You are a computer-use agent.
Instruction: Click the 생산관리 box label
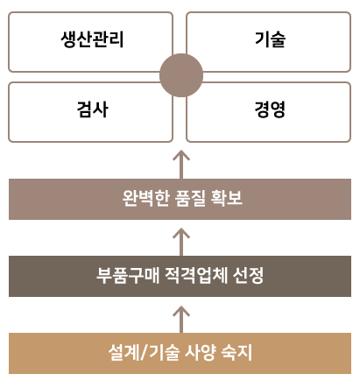coord(92,39)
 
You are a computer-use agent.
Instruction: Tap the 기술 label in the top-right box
coord(270,39)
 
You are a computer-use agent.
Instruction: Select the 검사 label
coord(93,109)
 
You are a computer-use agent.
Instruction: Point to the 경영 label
coord(270,109)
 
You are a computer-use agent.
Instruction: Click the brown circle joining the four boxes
coord(181,75)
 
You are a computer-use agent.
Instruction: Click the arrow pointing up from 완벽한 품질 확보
coord(181,165)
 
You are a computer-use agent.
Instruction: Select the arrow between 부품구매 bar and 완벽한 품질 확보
coord(181,242)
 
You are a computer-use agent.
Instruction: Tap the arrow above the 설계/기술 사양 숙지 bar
coord(181,320)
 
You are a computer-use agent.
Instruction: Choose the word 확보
coord(226,198)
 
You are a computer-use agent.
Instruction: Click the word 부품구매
coord(128,275)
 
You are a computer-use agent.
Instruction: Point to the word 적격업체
coord(196,275)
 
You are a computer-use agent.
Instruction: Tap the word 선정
coord(248,275)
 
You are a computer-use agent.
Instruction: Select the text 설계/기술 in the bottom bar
coord(144,353)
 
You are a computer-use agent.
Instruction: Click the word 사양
coord(201,353)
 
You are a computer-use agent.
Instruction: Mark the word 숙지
coord(236,353)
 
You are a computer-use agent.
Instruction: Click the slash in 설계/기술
coord(144,353)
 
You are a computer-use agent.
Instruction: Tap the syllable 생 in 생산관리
coord(68,39)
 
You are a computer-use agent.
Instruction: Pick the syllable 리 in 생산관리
coord(116,39)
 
